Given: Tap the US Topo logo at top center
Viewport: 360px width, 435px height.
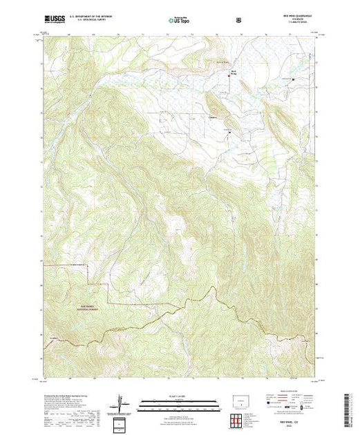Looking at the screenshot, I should [x=179, y=20].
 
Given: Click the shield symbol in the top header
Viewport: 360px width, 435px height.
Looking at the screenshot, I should [x=239, y=20].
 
